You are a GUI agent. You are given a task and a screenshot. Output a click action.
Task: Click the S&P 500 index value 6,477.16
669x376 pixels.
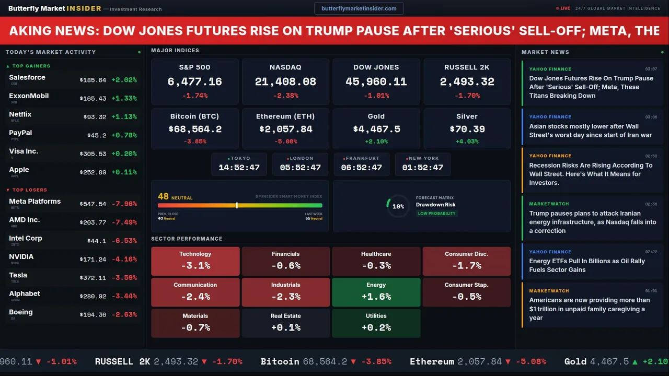click(194, 82)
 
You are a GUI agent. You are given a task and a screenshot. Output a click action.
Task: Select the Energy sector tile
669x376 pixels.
click(376, 292)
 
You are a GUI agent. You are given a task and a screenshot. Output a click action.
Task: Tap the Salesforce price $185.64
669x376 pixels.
click(93, 80)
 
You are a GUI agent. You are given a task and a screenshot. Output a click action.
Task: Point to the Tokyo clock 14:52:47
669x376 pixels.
click(239, 168)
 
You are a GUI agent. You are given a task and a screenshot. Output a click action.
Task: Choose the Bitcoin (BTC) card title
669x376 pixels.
click(194, 116)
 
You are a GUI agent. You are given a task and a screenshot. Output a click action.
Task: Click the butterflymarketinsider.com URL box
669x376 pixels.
click(359, 8)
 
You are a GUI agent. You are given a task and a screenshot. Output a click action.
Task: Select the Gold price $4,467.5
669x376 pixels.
click(376, 129)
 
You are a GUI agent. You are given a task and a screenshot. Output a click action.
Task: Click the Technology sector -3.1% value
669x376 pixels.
click(195, 265)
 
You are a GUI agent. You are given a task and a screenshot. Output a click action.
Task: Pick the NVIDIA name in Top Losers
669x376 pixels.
click(21, 257)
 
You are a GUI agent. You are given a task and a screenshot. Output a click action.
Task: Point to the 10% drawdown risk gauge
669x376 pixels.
click(398, 206)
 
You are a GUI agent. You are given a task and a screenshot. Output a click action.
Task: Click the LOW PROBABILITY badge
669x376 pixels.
click(436, 214)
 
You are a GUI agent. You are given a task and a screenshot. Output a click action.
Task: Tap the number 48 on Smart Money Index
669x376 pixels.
click(163, 196)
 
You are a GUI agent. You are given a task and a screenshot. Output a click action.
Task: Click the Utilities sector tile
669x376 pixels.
click(376, 323)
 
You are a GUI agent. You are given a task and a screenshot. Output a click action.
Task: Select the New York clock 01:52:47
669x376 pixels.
click(422, 168)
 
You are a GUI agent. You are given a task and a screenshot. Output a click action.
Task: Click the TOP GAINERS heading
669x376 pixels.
click(31, 66)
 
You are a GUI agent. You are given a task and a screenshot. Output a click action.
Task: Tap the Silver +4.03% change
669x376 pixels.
click(467, 142)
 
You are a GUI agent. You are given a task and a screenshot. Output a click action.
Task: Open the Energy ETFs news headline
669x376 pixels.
click(587, 265)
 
